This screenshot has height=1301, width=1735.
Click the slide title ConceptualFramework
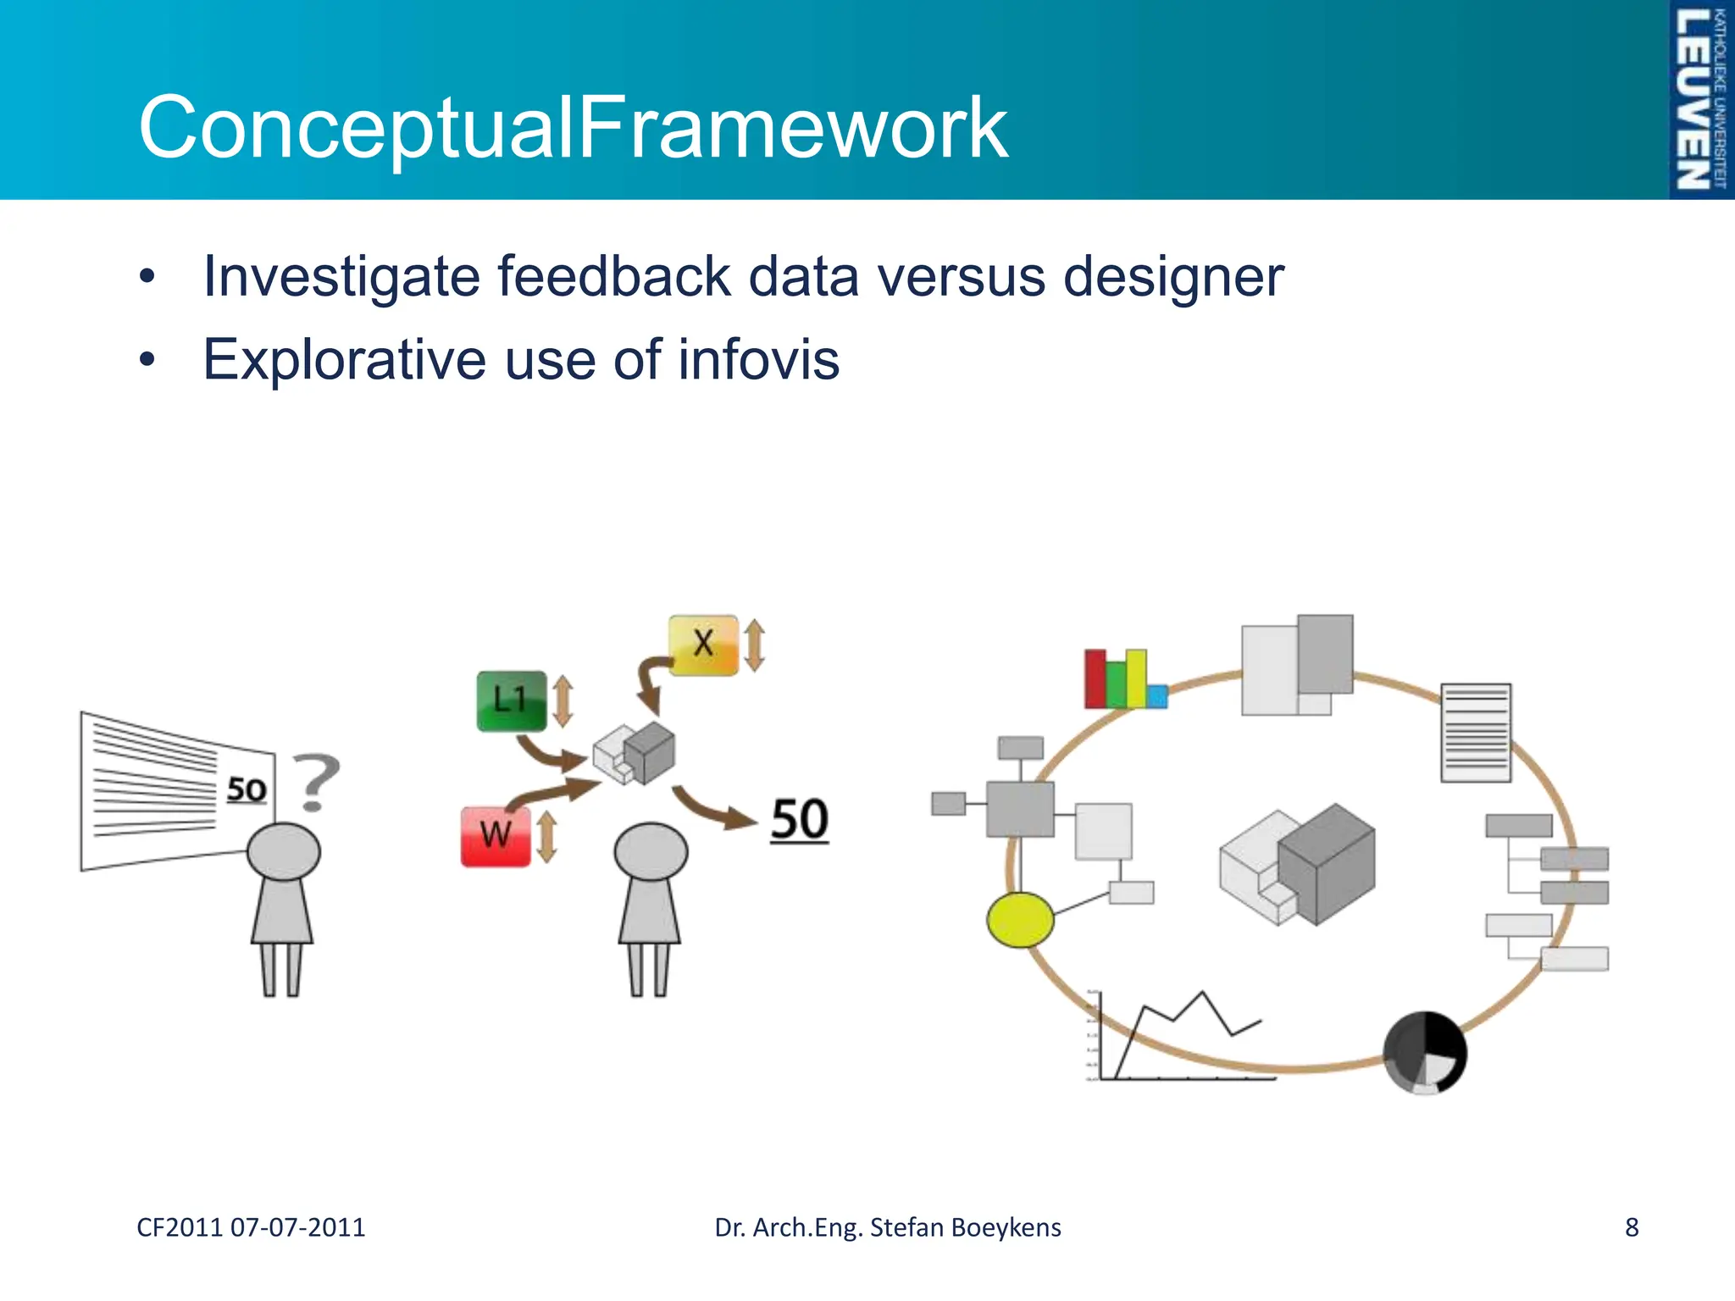pos(573,127)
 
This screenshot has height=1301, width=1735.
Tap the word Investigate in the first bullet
pos(339,277)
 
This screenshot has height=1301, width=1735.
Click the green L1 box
pos(511,700)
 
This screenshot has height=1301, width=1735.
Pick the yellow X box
pos(703,644)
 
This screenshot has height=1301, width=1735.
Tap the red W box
pos(496,836)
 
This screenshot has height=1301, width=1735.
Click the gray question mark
pos(317,781)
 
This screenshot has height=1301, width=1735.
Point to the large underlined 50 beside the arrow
pos(799,820)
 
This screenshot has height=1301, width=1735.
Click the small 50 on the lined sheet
pos(247,789)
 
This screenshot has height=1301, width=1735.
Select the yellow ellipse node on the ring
pos(1020,919)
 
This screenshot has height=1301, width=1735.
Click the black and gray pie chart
pos(1425,1052)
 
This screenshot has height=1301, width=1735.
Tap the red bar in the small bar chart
pos(1095,678)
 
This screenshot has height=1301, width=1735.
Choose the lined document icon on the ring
pos(1476,733)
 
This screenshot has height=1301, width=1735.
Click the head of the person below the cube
pos(651,851)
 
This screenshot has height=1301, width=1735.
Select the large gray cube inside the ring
pos(1326,864)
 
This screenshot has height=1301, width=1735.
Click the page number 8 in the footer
pos(1632,1227)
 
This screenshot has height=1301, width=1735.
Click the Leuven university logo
pos(1699,100)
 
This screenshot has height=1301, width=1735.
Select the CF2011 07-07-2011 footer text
pos(251,1227)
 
